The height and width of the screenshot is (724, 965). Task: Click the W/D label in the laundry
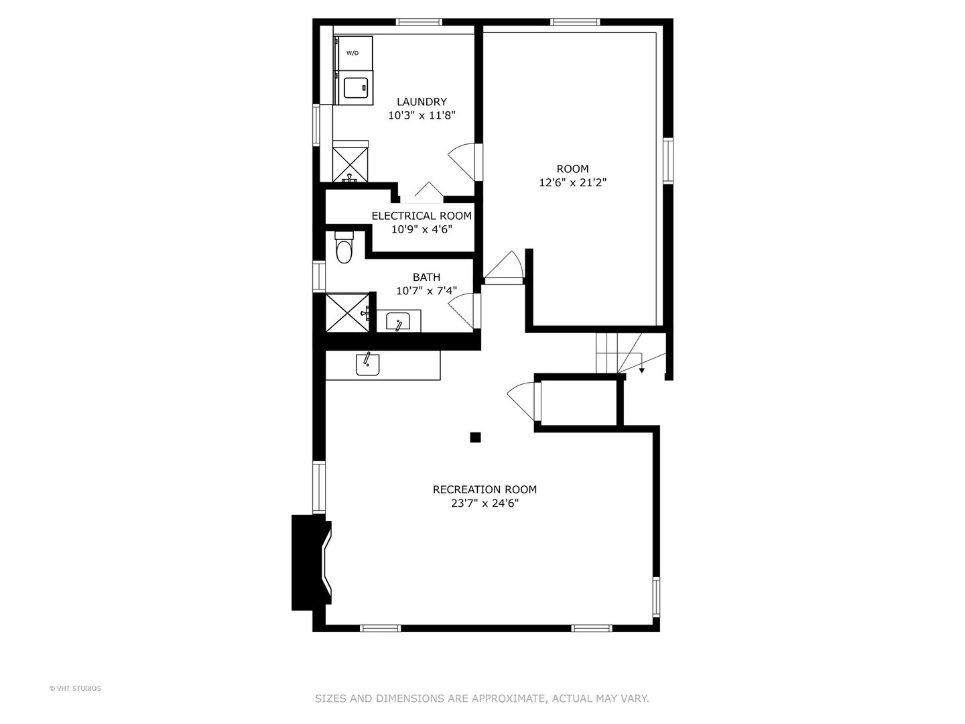pyautogui.click(x=352, y=53)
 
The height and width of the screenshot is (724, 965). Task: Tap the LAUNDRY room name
pyautogui.click(x=422, y=102)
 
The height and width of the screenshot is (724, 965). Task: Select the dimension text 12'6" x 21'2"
pyautogui.click(x=572, y=182)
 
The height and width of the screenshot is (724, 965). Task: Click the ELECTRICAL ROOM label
pyautogui.click(x=422, y=216)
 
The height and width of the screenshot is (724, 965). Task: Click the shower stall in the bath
pyautogui.click(x=346, y=312)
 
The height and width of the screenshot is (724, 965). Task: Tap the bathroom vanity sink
pyautogui.click(x=398, y=322)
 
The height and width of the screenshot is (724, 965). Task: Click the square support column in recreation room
pyautogui.click(x=475, y=438)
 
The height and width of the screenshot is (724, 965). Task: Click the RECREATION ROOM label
pyautogui.click(x=485, y=490)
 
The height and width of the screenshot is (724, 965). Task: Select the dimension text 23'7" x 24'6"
pyautogui.click(x=485, y=503)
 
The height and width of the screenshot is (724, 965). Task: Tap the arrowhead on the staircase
pyautogui.click(x=641, y=370)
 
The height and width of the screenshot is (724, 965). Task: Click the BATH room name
pyautogui.click(x=426, y=278)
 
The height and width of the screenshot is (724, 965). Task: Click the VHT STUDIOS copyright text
pyautogui.click(x=75, y=688)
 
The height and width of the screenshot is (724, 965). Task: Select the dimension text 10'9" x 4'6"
pyautogui.click(x=422, y=229)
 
